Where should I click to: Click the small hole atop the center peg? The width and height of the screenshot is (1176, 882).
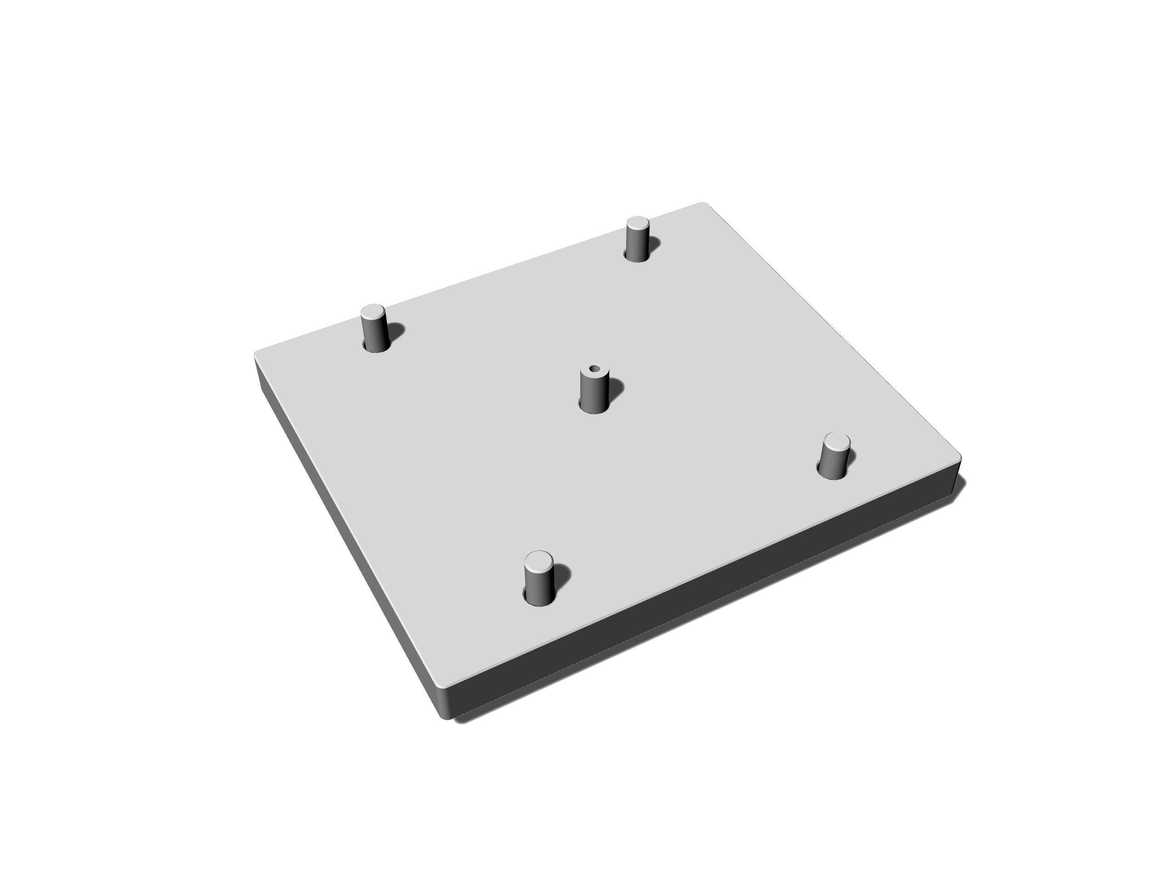(594, 368)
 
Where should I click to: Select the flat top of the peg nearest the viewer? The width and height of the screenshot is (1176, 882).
(538, 560)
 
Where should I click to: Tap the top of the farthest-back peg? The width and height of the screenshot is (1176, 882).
(638, 222)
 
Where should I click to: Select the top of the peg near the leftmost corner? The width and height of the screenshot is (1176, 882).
(373, 311)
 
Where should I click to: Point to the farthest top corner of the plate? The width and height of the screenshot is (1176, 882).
(703, 204)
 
